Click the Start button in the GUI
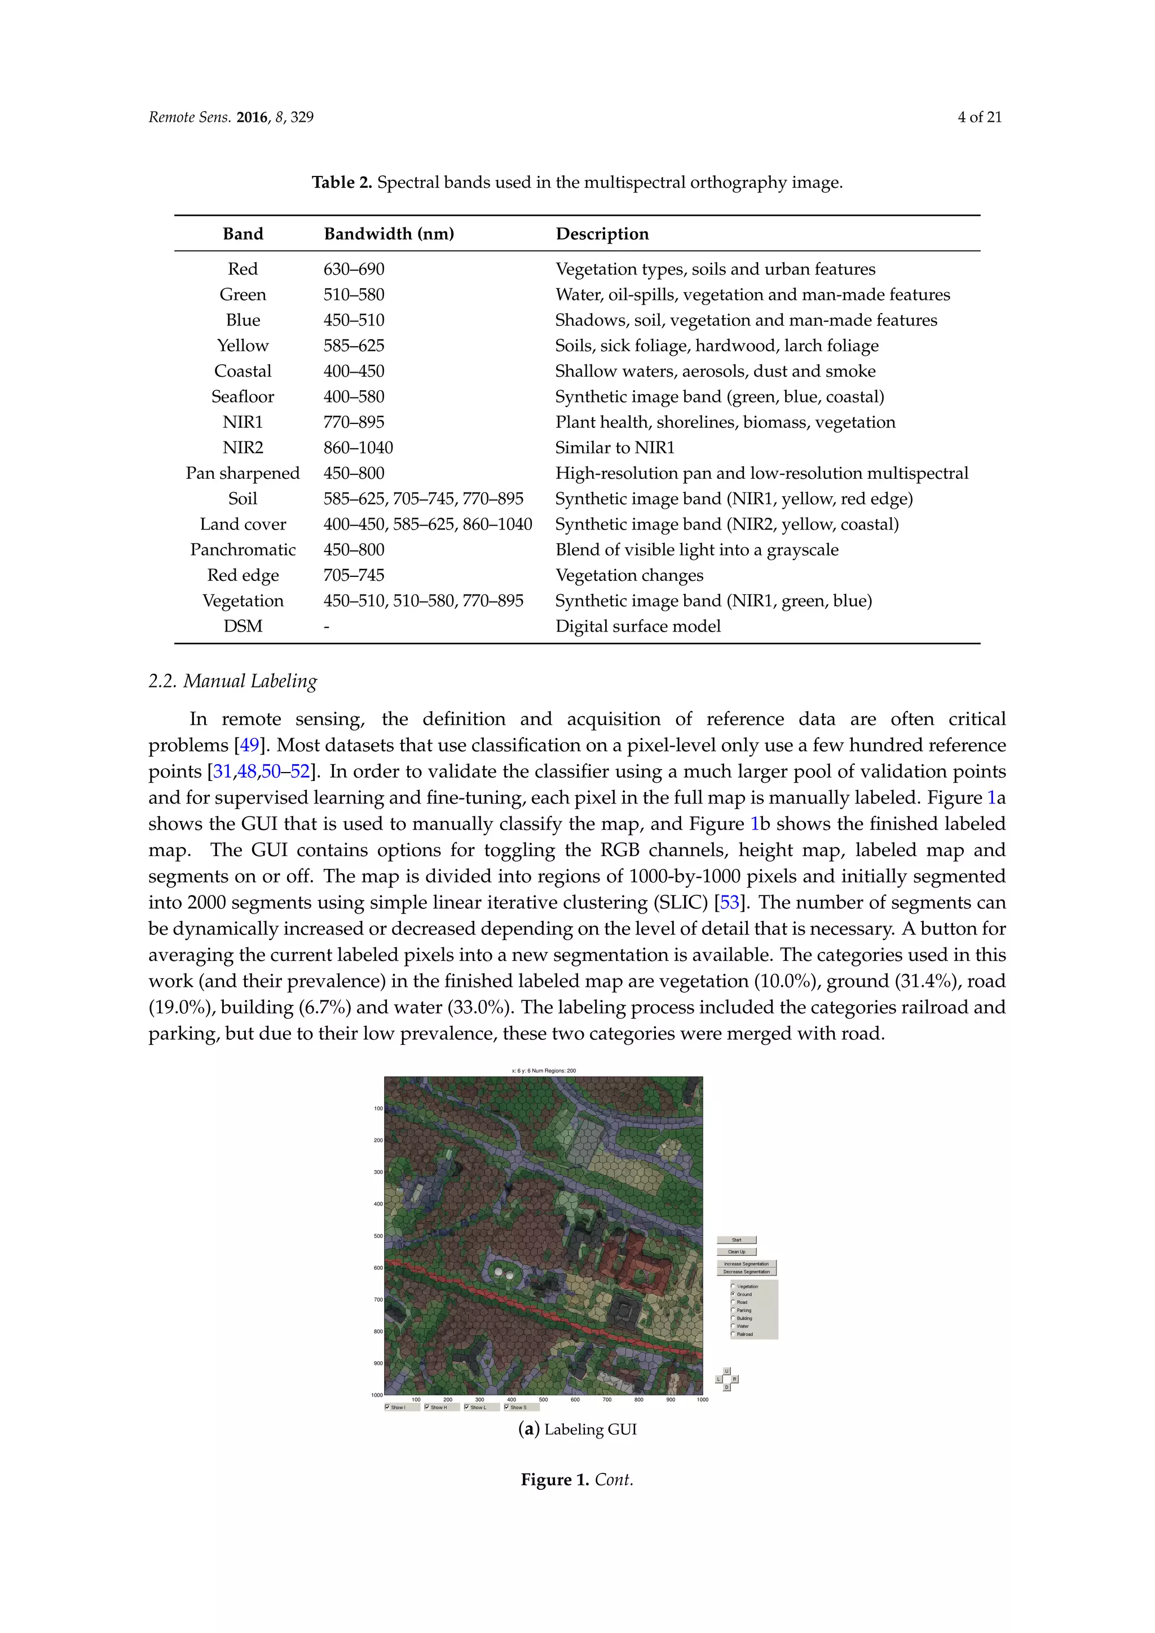click(x=736, y=1239)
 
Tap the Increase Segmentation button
click(x=746, y=1264)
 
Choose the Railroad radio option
click(x=733, y=1334)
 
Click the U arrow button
click(x=726, y=1371)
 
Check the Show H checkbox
click(x=427, y=1407)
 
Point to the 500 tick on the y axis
click(x=379, y=1236)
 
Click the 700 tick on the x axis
click(x=607, y=1399)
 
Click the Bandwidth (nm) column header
click(x=389, y=234)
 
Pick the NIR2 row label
click(x=243, y=447)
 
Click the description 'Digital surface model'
click(x=637, y=626)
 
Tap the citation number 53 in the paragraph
click(x=730, y=903)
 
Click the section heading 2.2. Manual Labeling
click(x=232, y=681)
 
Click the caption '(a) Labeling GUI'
click(x=577, y=1429)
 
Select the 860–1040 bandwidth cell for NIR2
click(x=358, y=447)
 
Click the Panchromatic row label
click(x=243, y=550)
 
